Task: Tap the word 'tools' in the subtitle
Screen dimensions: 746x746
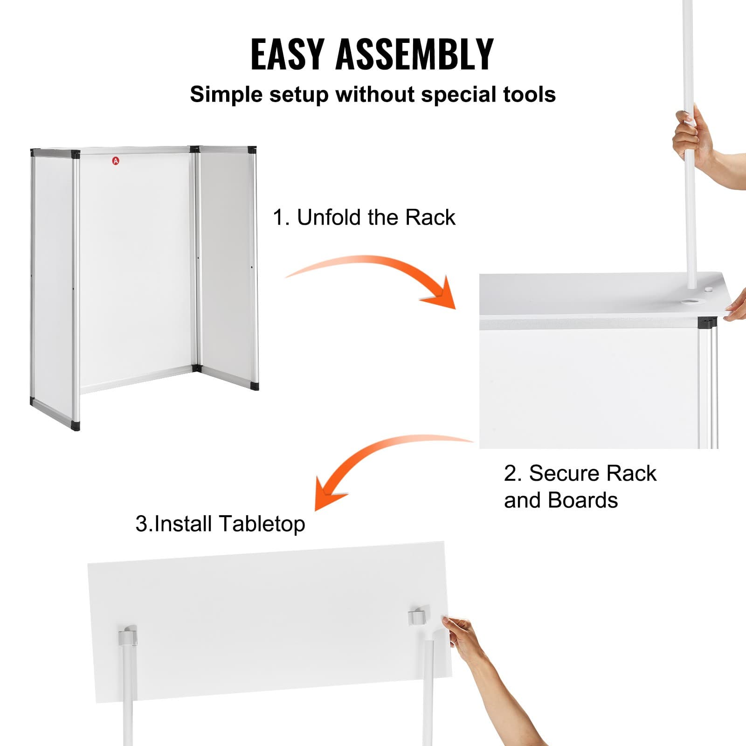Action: point(529,94)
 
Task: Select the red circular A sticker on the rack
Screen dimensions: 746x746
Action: point(116,161)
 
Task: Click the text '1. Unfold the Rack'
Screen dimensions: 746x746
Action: point(364,217)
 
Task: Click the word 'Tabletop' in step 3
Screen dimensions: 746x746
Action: point(262,524)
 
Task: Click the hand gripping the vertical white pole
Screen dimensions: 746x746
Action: point(690,135)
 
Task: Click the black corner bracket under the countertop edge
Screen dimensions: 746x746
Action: point(707,322)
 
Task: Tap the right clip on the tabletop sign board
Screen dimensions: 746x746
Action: point(418,616)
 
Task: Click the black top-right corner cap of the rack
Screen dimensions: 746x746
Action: point(252,150)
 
